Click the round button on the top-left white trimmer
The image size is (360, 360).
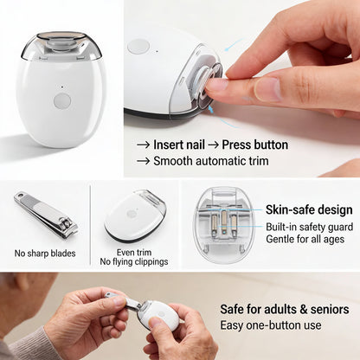[62, 100]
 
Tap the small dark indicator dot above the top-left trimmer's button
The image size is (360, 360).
[62, 86]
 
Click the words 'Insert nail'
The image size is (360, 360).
[180, 145]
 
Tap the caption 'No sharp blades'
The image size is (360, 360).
[45, 254]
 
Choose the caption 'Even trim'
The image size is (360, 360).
[132, 252]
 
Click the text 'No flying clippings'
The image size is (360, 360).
[132, 261]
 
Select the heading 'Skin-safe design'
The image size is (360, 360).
[309, 209]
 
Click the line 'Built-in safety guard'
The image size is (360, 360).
[309, 226]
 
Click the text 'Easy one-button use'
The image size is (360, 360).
[271, 325]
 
